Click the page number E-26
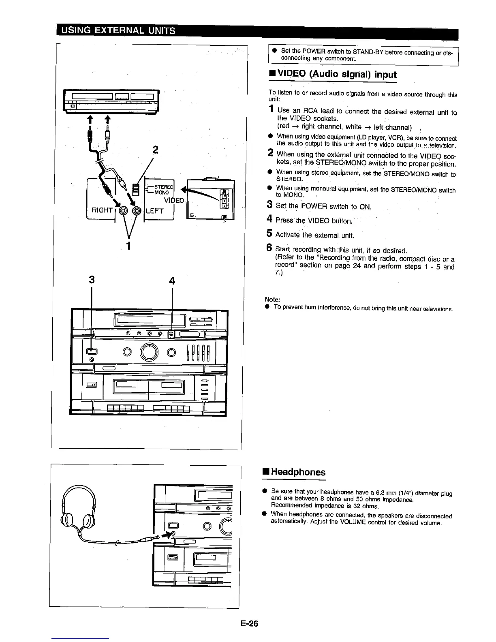point(248,623)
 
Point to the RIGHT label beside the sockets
point(102,210)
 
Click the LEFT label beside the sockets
point(154,211)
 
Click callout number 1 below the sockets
point(128,246)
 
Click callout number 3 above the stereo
point(92,280)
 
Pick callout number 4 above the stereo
point(172,281)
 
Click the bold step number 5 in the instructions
point(269,233)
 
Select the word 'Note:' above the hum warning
point(272,300)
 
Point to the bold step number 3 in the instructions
point(269,205)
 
